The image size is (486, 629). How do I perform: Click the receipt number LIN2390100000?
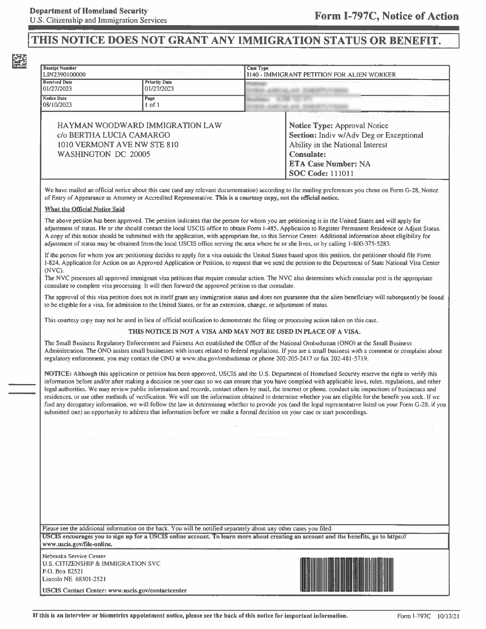coord(64,75)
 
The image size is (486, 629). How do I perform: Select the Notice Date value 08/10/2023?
coord(57,105)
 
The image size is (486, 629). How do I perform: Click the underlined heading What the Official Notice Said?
coord(85,209)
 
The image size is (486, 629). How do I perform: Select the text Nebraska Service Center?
coord(74,556)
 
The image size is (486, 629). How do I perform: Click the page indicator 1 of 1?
coord(152,105)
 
